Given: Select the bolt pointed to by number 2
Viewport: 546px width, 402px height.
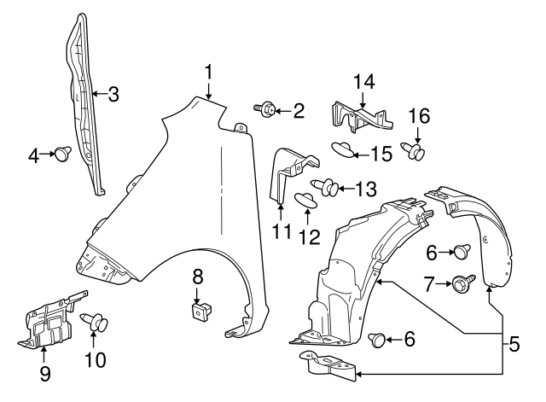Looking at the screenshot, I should pyautogui.click(x=264, y=108).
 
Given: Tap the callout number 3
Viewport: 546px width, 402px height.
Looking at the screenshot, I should pyautogui.click(x=113, y=94).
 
